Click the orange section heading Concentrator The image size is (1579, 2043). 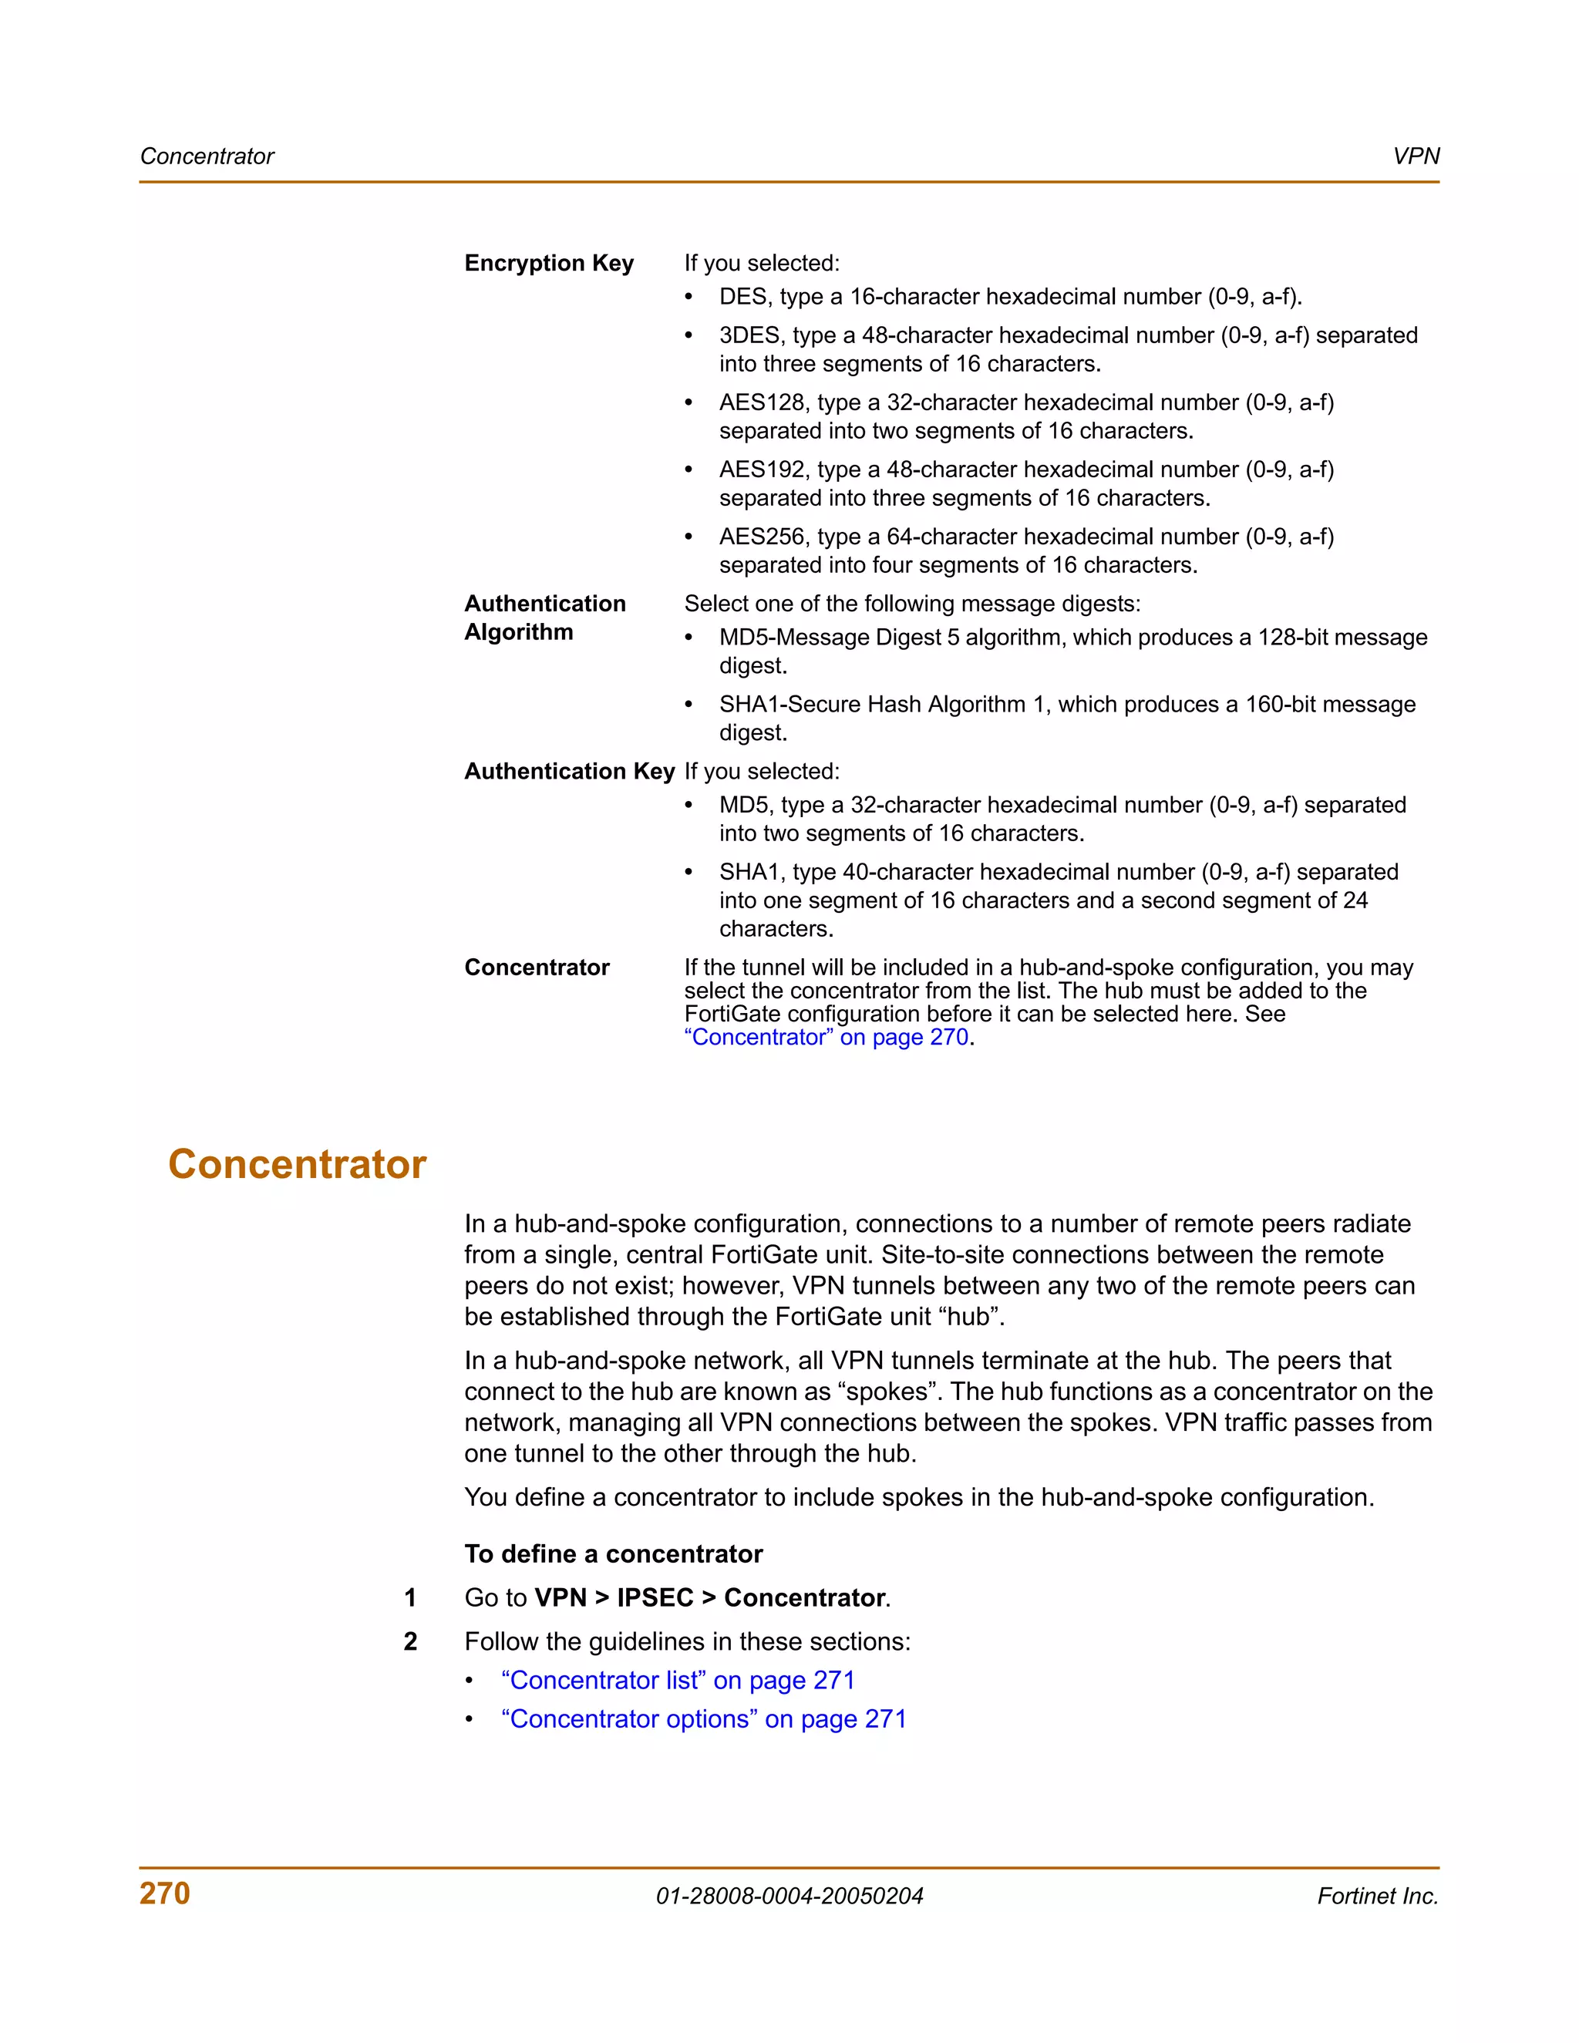tap(297, 1165)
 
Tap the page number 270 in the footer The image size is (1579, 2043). tap(165, 1893)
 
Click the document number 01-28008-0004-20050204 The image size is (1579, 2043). tap(789, 1897)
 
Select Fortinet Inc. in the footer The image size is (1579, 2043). tap(1377, 1897)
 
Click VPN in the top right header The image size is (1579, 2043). tap(1416, 157)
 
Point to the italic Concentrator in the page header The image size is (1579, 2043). tap(207, 157)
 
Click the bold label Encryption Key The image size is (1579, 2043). tap(549, 263)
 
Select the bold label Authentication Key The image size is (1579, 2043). tap(569, 771)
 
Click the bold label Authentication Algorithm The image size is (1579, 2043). tap(544, 618)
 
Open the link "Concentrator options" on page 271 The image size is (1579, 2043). tap(703, 1718)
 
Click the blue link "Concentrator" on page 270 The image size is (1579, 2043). tap(828, 1038)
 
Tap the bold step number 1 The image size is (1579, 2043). tap(409, 1597)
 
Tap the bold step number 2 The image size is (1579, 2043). tap(409, 1641)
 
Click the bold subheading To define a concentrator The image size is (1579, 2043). tap(614, 1553)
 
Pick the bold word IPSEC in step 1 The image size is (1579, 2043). tap(655, 1597)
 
